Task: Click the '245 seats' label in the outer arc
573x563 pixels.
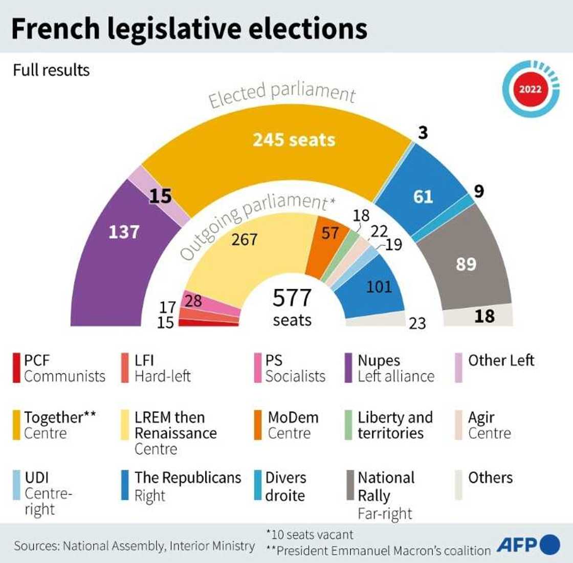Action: point(294,140)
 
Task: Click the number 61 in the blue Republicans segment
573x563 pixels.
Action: point(423,197)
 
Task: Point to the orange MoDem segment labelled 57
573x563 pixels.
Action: point(329,234)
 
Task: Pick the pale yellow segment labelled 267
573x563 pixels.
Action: point(245,240)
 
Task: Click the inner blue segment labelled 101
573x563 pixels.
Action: point(379,286)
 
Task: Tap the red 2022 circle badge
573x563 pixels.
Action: point(530,89)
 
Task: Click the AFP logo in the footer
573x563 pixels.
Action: point(527,544)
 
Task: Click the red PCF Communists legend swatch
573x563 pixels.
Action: point(17,368)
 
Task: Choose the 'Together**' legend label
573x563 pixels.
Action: point(60,418)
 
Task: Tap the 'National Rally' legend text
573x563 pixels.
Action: point(386,487)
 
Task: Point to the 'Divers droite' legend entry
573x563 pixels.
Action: point(285,486)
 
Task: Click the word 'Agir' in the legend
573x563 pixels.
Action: point(481,418)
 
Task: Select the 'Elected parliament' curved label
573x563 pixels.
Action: point(281,94)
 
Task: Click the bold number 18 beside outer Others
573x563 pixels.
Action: point(484,316)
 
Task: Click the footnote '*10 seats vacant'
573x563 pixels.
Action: point(310,535)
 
